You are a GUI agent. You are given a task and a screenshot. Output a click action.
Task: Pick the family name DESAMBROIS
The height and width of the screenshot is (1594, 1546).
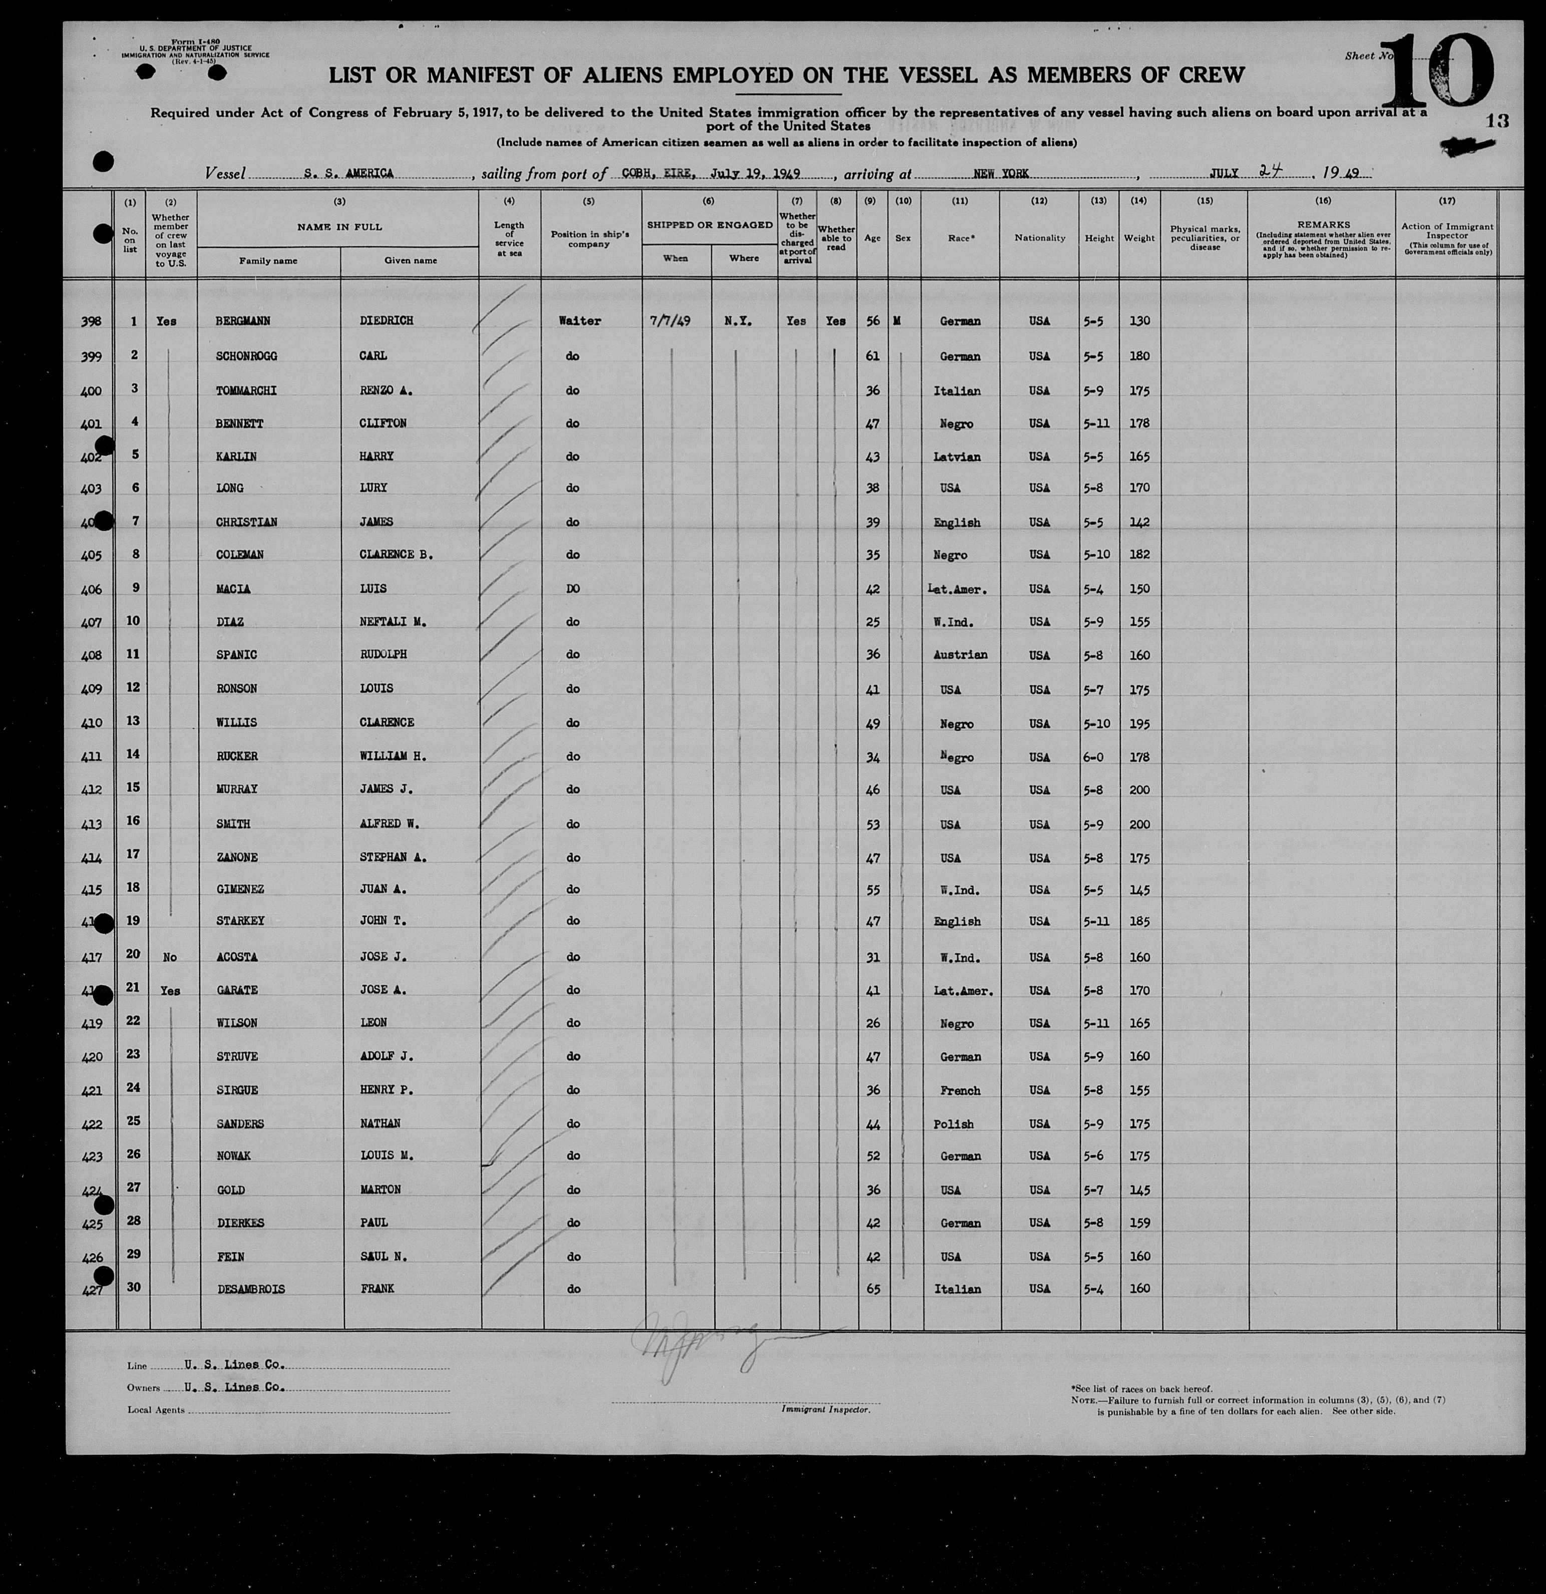[x=250, y=1289]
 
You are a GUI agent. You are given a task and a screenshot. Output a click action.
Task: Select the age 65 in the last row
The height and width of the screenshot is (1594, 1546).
[x=873, y=1289]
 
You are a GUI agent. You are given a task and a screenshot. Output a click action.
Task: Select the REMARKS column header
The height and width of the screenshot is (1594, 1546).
[x=1323, y=224]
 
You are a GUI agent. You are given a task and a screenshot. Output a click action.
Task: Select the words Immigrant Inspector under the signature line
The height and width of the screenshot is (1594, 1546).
[x=826, y=1409]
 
